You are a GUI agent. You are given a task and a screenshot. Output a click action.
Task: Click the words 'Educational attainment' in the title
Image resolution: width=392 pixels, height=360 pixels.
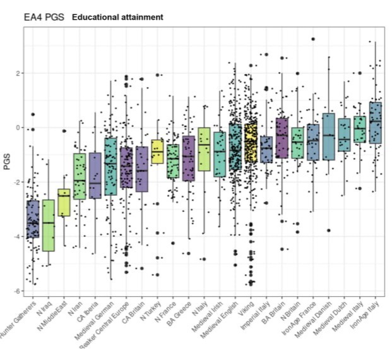(117, 17)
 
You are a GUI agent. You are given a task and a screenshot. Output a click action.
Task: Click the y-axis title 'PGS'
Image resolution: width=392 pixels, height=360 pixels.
(7, 164)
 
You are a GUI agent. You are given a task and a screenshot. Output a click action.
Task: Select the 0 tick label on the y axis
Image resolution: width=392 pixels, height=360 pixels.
(18, 128)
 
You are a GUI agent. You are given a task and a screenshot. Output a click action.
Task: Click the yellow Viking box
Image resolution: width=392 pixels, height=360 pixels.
(251, 143)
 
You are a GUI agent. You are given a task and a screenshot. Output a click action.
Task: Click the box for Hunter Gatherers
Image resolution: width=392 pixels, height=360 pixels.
(32, 219)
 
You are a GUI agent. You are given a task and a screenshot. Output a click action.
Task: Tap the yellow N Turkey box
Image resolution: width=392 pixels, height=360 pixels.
(157, 152)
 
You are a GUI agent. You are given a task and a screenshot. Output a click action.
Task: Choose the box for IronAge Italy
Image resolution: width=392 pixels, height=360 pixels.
(376, 123)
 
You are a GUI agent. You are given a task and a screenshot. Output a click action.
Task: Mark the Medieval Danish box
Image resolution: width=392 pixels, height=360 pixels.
(328, 136)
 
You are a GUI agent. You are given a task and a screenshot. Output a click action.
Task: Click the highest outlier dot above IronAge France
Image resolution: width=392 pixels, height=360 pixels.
(312, 39)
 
